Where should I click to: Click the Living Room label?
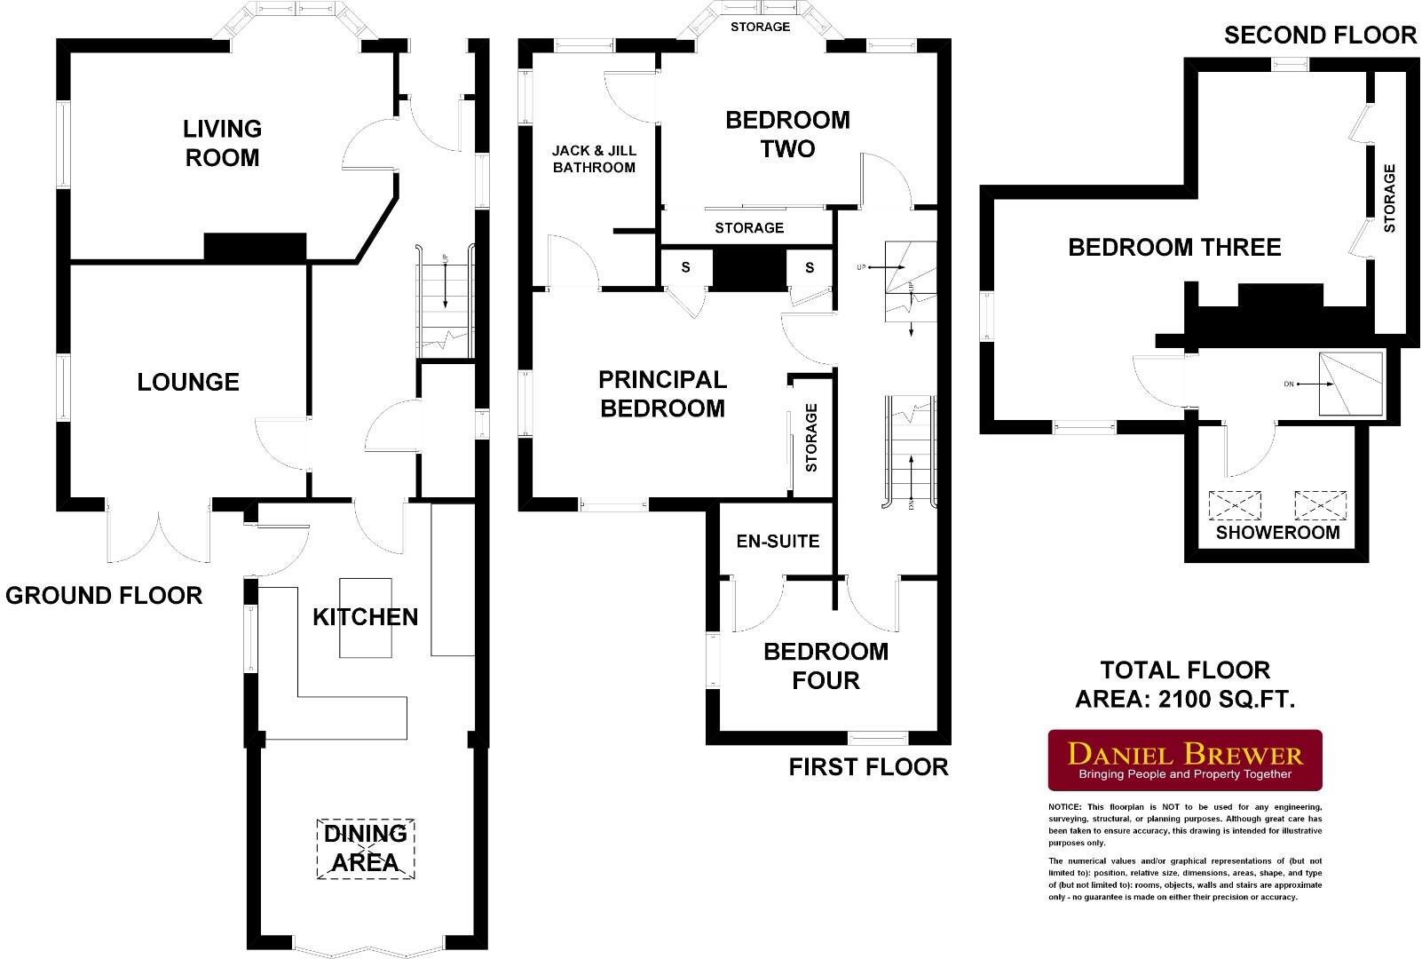(x=222, y=143)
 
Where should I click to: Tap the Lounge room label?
(x=188, y=382)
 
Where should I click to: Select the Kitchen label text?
(x=365, y=617)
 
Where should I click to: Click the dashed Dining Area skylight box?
(x=366, y=849)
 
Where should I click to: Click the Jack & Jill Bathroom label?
(x=594, y=159)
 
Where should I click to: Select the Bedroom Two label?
(x=787, y=134)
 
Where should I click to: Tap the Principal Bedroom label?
(x=662, y=394)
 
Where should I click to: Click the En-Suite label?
(x=778, y=541)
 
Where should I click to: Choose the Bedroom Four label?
(x=826, y=666)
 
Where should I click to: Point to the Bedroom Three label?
(x=1174, y=247)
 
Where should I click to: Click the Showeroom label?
(x=1276, y=533)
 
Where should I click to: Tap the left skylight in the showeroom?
(x=1235, y=506)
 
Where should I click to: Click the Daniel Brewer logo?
(x=1185, y=760)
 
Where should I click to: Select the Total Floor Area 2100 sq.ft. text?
(x=1185, y=685)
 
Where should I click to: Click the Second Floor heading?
(x=1320, y=35)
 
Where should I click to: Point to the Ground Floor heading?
(x=104, y=595)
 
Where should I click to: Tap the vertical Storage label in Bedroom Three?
(x=1389, y=199)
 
